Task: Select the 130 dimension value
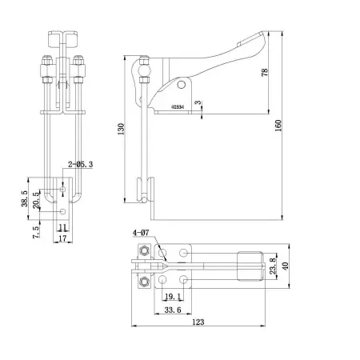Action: (x=122, y=130)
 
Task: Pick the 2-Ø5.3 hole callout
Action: (x=81, y=163)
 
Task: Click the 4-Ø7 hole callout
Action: (x=140, y=234)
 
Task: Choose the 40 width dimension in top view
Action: (x=294, y=266)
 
